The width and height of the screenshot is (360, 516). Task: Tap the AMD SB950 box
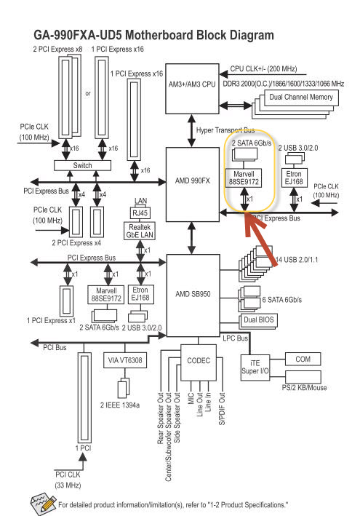193,295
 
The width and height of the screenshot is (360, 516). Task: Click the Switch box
82,165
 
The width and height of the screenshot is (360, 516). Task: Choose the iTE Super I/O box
255,368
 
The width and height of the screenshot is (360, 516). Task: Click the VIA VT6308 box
125,360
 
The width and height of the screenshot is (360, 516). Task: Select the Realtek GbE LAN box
140,231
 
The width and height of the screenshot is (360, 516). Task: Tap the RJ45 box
140,213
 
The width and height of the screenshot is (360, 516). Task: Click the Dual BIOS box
259,320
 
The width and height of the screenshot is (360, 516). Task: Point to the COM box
303,359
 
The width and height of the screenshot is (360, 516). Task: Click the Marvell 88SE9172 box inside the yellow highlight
244,178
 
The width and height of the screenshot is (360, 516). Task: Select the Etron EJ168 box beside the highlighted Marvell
294,178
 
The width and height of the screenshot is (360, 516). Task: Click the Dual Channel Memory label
301,97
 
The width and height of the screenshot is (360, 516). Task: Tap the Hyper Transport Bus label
225,130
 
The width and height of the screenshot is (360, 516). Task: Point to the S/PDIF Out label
222,408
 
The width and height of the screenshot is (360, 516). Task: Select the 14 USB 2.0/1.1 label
297,260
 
